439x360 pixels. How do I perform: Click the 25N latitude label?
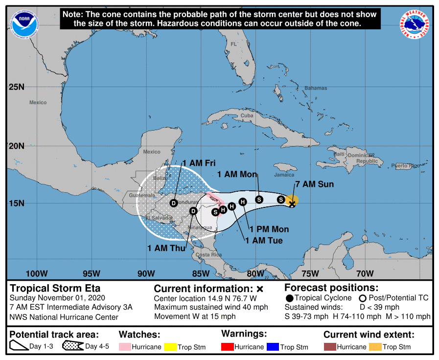(16, 88)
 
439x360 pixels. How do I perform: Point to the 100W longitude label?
(37, 273)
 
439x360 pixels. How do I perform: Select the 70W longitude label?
(365, 273)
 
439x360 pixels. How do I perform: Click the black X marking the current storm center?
(292, 203)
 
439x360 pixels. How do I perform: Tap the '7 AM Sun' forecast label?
(314, 184)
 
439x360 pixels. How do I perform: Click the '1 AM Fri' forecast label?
(199, 163)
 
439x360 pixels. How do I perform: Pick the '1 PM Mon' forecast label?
(269, 229)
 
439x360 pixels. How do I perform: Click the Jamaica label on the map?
(284, 175)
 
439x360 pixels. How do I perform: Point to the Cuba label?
(247, 115)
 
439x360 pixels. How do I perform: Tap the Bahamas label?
(316, 88)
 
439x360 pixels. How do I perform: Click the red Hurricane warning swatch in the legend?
(228, 347)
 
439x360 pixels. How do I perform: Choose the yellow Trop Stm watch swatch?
(171, 347)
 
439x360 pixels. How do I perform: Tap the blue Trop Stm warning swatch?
(273, 347)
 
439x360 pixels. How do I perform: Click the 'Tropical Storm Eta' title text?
(55, 289)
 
